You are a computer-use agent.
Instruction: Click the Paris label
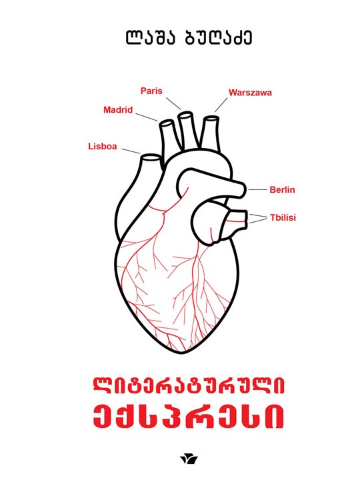click(x=151, y=91)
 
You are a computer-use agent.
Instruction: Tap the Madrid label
click(x=118, y=109)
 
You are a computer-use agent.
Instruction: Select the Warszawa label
click(x=250, y=93)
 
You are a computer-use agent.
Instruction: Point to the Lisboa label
click(x=103, y=146)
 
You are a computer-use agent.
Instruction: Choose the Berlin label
click(x=282, y=190)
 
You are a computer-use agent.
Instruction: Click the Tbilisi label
click(x=283, y=217)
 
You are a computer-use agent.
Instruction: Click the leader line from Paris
click(x=174, y=104)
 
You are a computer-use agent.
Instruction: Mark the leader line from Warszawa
click(x=221, y=105)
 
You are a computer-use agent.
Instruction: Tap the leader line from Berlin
click(x=257, y=190)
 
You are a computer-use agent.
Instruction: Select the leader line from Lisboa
click(x=131, y=151)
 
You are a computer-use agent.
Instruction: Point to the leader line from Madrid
click(x=147, y=117)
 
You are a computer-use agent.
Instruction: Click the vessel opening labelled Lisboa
click(x=151, y=158)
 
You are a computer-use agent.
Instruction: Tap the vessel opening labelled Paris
click(x=185, y=116)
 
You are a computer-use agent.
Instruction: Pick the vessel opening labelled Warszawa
click(x=211, y=119)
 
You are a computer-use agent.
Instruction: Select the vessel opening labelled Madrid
click(x=167, y=124)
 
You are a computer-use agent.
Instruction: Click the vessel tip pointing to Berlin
click(x=244, y=190)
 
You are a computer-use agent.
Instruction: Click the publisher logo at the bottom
click(x=189, y=459)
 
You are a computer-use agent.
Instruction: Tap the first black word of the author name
click(x=150, y=37)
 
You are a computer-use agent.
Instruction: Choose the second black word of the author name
click(x=219, y=37)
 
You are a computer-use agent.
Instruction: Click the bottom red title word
click(x=189, y=417)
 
